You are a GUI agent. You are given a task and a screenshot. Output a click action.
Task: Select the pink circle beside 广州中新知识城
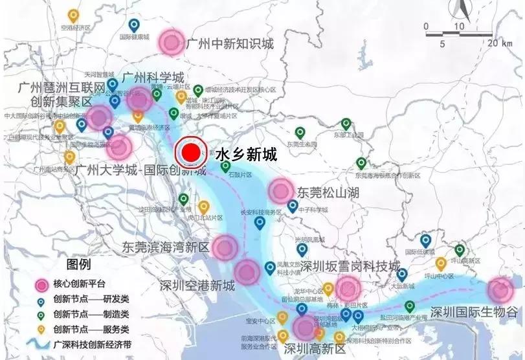coord(172,42)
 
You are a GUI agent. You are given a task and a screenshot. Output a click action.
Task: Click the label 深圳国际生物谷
coord(474,311)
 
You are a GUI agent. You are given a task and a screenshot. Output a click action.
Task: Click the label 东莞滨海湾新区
coord(166,247)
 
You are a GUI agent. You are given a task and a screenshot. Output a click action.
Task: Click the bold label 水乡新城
coord(245,154)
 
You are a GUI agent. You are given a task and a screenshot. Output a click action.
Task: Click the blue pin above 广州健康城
coord(134,25)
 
